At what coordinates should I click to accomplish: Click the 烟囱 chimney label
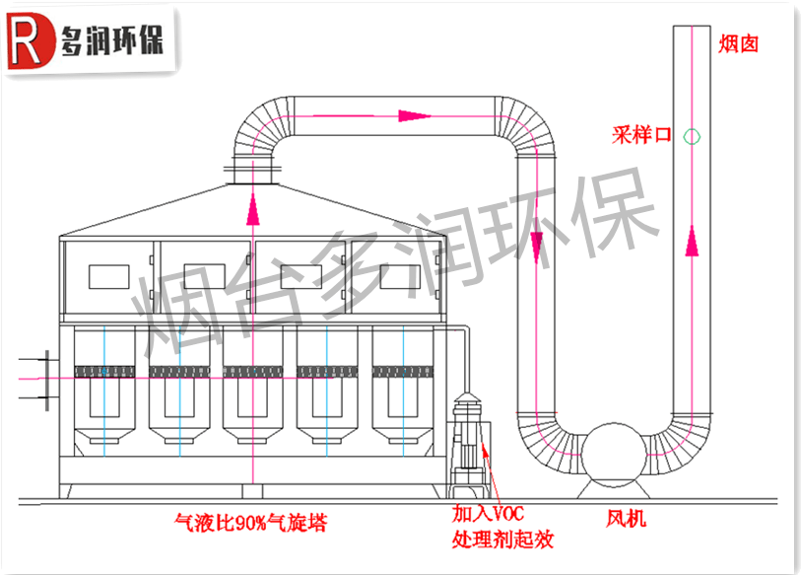tap(738, 44)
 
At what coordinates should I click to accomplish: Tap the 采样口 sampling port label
tap(640, 136)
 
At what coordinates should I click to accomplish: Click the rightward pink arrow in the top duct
tap(415, 115)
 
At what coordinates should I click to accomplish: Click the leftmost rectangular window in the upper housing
tap(108, 276)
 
